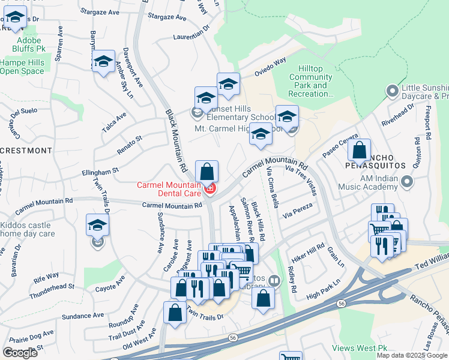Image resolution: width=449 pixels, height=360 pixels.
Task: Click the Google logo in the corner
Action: pos(20,353)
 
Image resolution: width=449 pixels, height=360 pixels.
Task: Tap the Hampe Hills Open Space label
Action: pos(22,67)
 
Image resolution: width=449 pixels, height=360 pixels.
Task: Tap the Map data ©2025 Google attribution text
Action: pos(412,355)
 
